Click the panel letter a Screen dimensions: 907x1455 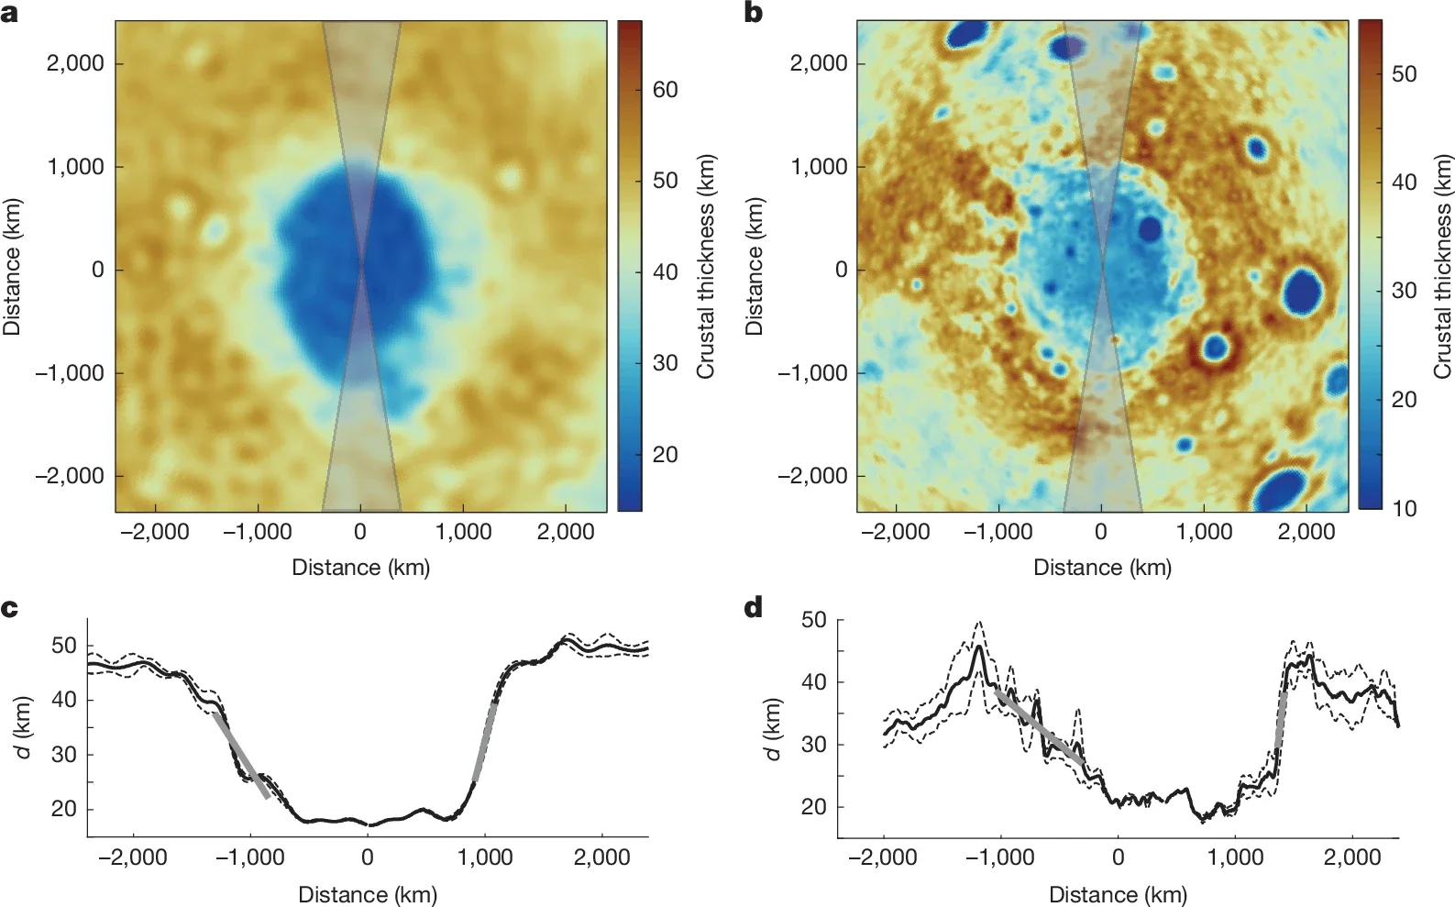click(10, 14)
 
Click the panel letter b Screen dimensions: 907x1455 click(754, 14)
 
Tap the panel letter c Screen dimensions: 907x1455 click(10, 608)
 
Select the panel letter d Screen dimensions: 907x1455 click(754, 608)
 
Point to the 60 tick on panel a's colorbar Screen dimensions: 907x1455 click(665, 90)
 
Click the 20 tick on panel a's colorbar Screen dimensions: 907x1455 click(665, 455)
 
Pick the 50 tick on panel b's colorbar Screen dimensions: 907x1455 click(1404, 73)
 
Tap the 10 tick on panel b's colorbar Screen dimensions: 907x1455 click(1404, 508)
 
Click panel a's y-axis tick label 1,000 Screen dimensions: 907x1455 click(74, 167)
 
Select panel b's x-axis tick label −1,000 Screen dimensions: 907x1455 click(998, 533)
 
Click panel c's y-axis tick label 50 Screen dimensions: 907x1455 click(63, 646)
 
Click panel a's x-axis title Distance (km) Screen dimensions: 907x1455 click(360, 568)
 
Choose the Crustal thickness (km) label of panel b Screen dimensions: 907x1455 click(1442, 266)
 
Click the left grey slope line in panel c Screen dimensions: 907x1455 click(241, 755)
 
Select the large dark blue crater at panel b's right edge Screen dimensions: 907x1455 click(1302, 293)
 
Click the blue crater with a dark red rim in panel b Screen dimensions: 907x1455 click(1216, 347)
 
